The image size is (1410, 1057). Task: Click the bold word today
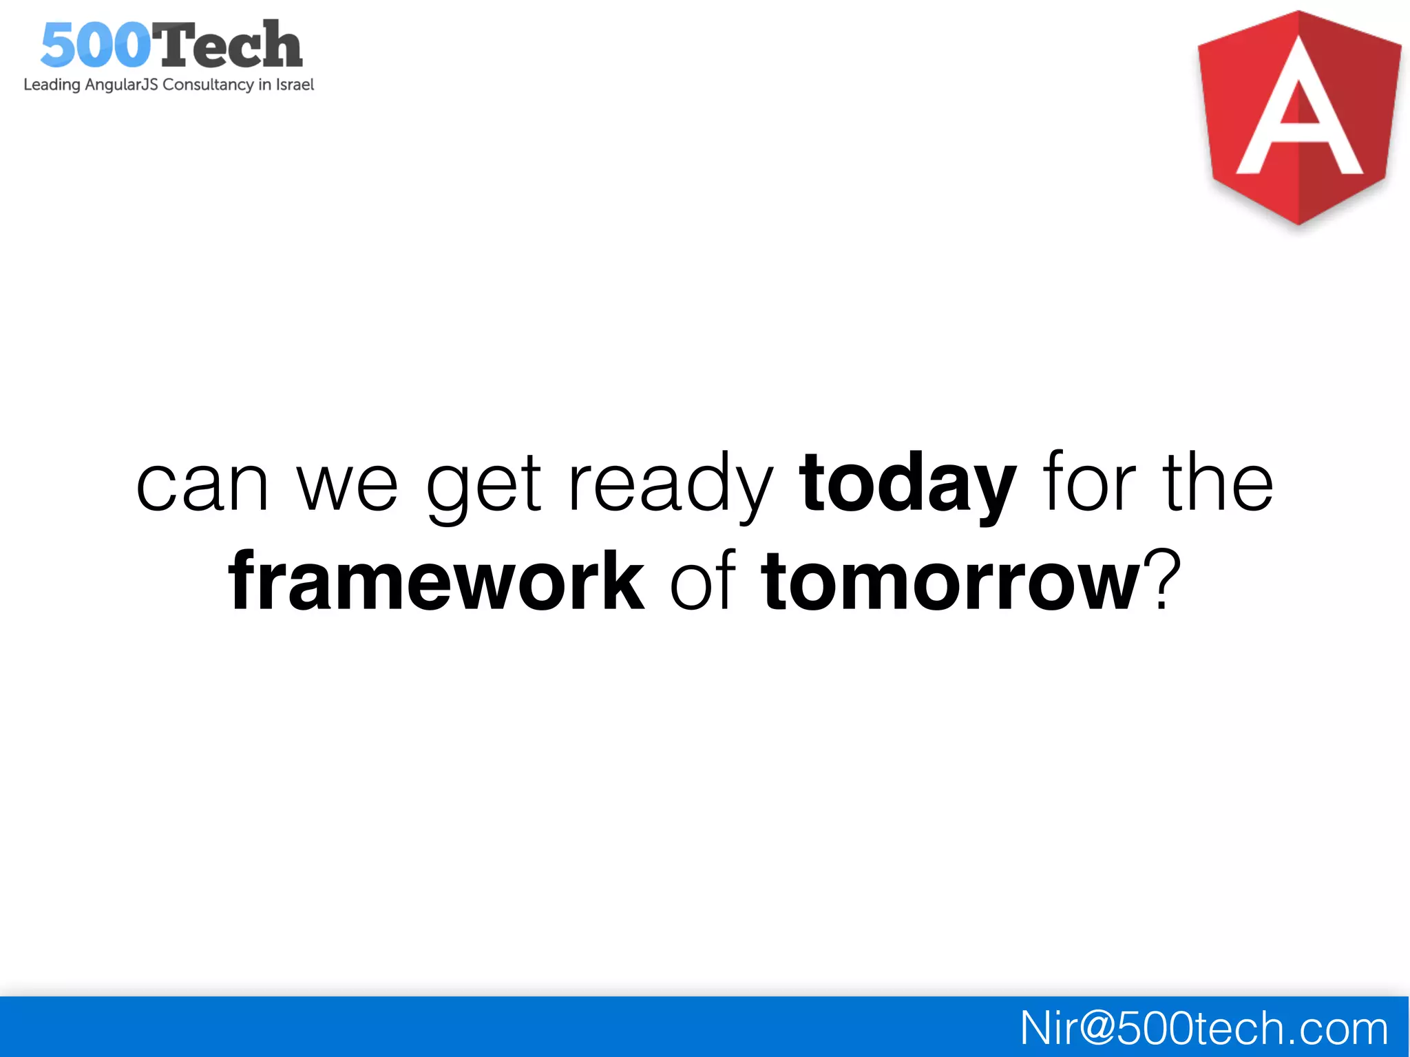(x=907, y=485)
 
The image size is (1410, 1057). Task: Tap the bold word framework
(x=436, y=582)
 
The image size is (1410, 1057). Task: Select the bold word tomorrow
(x=950, y=582)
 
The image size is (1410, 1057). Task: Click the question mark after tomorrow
(x=1163, y=578)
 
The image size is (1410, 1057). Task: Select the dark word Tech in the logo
(x=227, y=45)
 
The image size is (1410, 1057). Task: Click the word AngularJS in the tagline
(x=121, y=85)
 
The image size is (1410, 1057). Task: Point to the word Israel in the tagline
(x=295, y=85)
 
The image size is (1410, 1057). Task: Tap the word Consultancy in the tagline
(x=208, y=85)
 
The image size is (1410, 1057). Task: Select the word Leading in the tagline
(x=52, y=85)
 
